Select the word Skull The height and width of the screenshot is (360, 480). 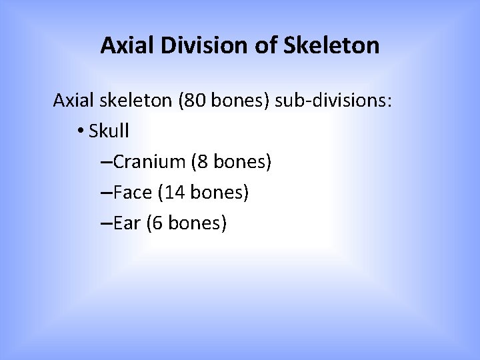[108, 131]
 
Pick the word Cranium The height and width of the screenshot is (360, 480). [151, 162]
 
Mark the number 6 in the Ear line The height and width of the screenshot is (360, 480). [157, 223]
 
